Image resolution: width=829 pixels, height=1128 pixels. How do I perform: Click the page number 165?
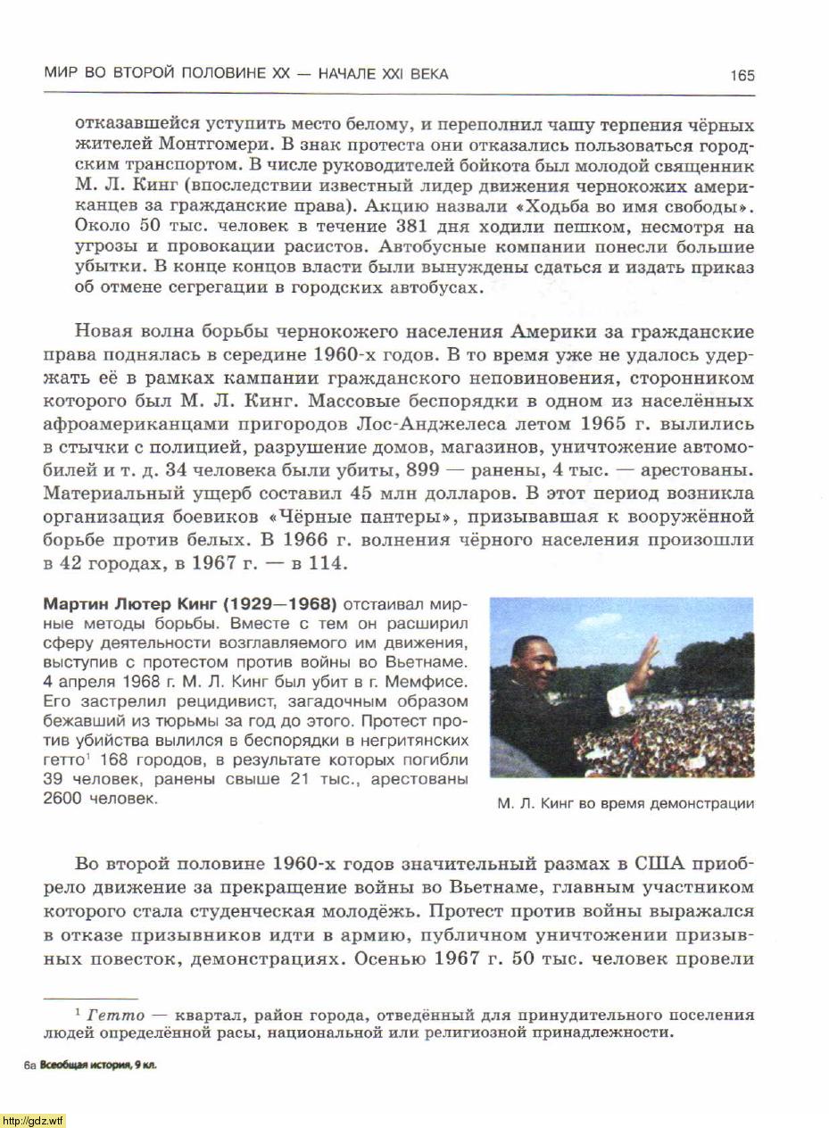[742, 75]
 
